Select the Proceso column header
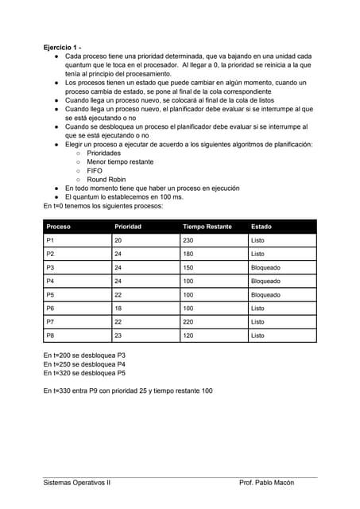[60, 227]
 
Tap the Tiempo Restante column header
[207, 227]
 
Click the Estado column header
[261, 227]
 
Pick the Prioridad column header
[128, 227]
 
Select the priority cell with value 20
[118, 240]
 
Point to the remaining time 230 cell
[188, 240]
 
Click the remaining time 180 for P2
[188, 254]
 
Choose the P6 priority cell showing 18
[118, 309]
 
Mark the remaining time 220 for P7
[188, 322]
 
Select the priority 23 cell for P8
[118, 336]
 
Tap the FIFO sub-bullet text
[95, 170]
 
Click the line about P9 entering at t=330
[128, 390]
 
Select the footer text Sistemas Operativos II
[77, 483]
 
